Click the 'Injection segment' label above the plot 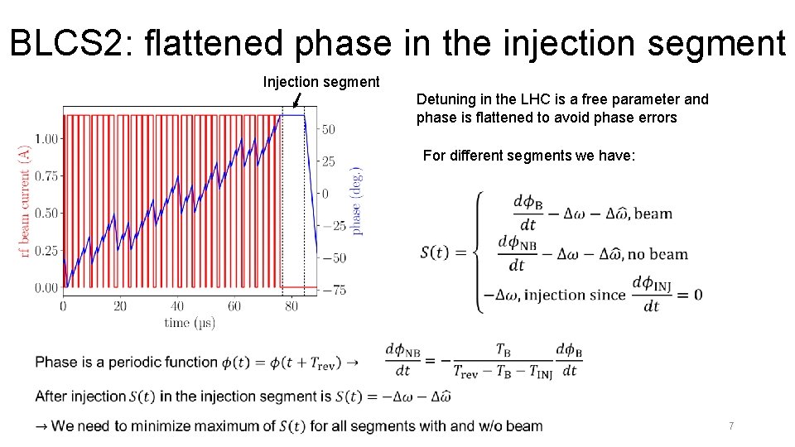pyautogui.click(x=321, y=82)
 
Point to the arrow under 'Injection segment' pyautogui.click(x=296, y=100)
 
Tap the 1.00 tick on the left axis pyautogui.click(x=46, y=138)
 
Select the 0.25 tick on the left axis pyautogui.click(x=46, y=251)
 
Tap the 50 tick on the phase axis pyautogui.click(x=329, y=130)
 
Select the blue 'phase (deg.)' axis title pyautogui.click(x=357, y=199)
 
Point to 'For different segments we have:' pyautogui.click(x=529, y=156)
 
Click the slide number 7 pyautogui.click(x=731, y=426)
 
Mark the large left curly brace pyautogui.click(x=479, y=252)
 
